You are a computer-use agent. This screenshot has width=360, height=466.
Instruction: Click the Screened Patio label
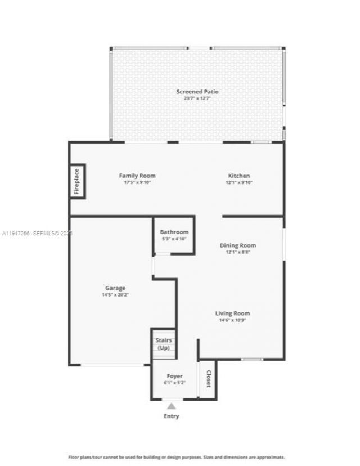pyautogui.click(x=197, y=91)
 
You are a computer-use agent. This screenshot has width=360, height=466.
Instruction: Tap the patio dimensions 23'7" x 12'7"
pyautogui.click(x=197, y=98)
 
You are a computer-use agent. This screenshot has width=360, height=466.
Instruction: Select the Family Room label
pyautogui.click(x=137, y=176)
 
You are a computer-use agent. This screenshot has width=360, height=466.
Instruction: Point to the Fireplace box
pyautogui.click(x=77, y=181)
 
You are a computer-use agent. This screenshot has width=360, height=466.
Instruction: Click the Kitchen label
pyautogui.click(x=239, y=176)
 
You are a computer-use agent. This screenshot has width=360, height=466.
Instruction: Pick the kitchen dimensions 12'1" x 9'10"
pyautogui.click(x=239, y=182)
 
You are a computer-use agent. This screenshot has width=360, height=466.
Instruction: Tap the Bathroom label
pyautogui.click(x=174, y=232)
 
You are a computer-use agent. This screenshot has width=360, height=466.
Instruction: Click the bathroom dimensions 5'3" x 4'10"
pyautogui.click(x=174, y=239)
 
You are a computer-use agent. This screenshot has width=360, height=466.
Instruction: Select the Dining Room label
pyautogui.click(x=238, y=245)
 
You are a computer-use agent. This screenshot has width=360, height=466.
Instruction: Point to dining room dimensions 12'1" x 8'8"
pyautogui.click(x=238, y=252)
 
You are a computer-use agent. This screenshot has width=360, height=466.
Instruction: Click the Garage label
pyautogui.click(x=115, y=288)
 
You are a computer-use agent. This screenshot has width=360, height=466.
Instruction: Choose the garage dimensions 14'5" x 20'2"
pyautogui.click(x=115, y=295)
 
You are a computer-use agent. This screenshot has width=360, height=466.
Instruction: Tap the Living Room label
pyautogui.click(x=233, y=313)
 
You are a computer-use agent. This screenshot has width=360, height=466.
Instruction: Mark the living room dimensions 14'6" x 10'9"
pyautogui.click(x=233, y=320)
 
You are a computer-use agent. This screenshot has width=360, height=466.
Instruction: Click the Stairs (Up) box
pyautogui.click(x=164, y=344)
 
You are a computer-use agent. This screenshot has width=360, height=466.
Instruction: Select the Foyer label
pyautogui.click(x=175, y=376)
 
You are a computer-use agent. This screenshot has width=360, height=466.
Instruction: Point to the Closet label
pyautogui.click(x=208, y=379)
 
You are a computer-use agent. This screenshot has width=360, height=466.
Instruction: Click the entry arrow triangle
pyautogui.click(x=172, y=406)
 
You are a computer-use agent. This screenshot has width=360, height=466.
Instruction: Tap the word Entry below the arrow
pyautogui.click(x=172, y=416)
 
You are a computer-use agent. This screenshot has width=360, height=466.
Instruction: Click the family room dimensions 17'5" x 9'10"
pyautogui.click(x=137, y=182)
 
